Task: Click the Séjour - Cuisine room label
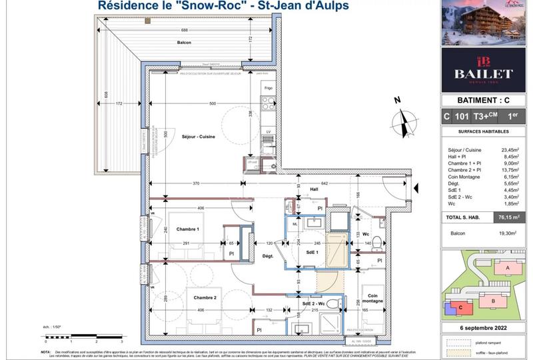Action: coord(198,136)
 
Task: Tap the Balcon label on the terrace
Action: coord(185,43)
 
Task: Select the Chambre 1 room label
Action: coord(188,229)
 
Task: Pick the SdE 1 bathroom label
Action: coord(312,253)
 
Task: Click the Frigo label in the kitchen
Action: coord(268,88)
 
